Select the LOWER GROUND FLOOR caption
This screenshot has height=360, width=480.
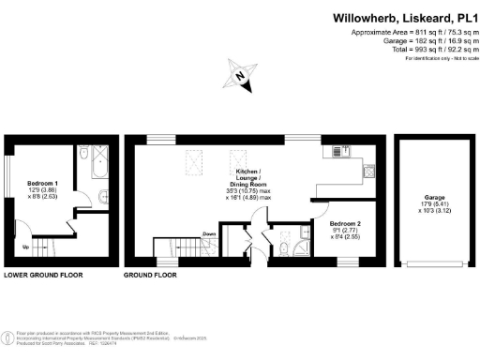point(43,277)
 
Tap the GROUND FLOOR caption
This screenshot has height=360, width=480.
point(151,277)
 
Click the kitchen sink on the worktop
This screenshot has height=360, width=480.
point(337,149)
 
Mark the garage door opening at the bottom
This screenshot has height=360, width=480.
point(427,266)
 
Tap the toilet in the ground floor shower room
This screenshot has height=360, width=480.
point(283,248)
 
